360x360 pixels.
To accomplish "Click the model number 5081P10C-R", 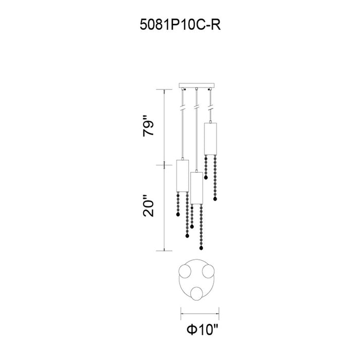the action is [x=180, y=25].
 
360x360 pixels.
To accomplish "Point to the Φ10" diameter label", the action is [x=202, y=330].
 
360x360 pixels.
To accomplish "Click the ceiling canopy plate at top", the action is [x=196, y=85].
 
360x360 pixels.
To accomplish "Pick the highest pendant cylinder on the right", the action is [x=210, y=139].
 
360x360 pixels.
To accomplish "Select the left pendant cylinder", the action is [x=183, y=176].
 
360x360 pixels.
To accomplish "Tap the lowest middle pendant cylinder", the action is [x=197, y=188].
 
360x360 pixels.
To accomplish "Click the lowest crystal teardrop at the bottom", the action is [x=202, y=248].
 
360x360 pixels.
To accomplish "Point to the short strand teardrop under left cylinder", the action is [x=178, y=214].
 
